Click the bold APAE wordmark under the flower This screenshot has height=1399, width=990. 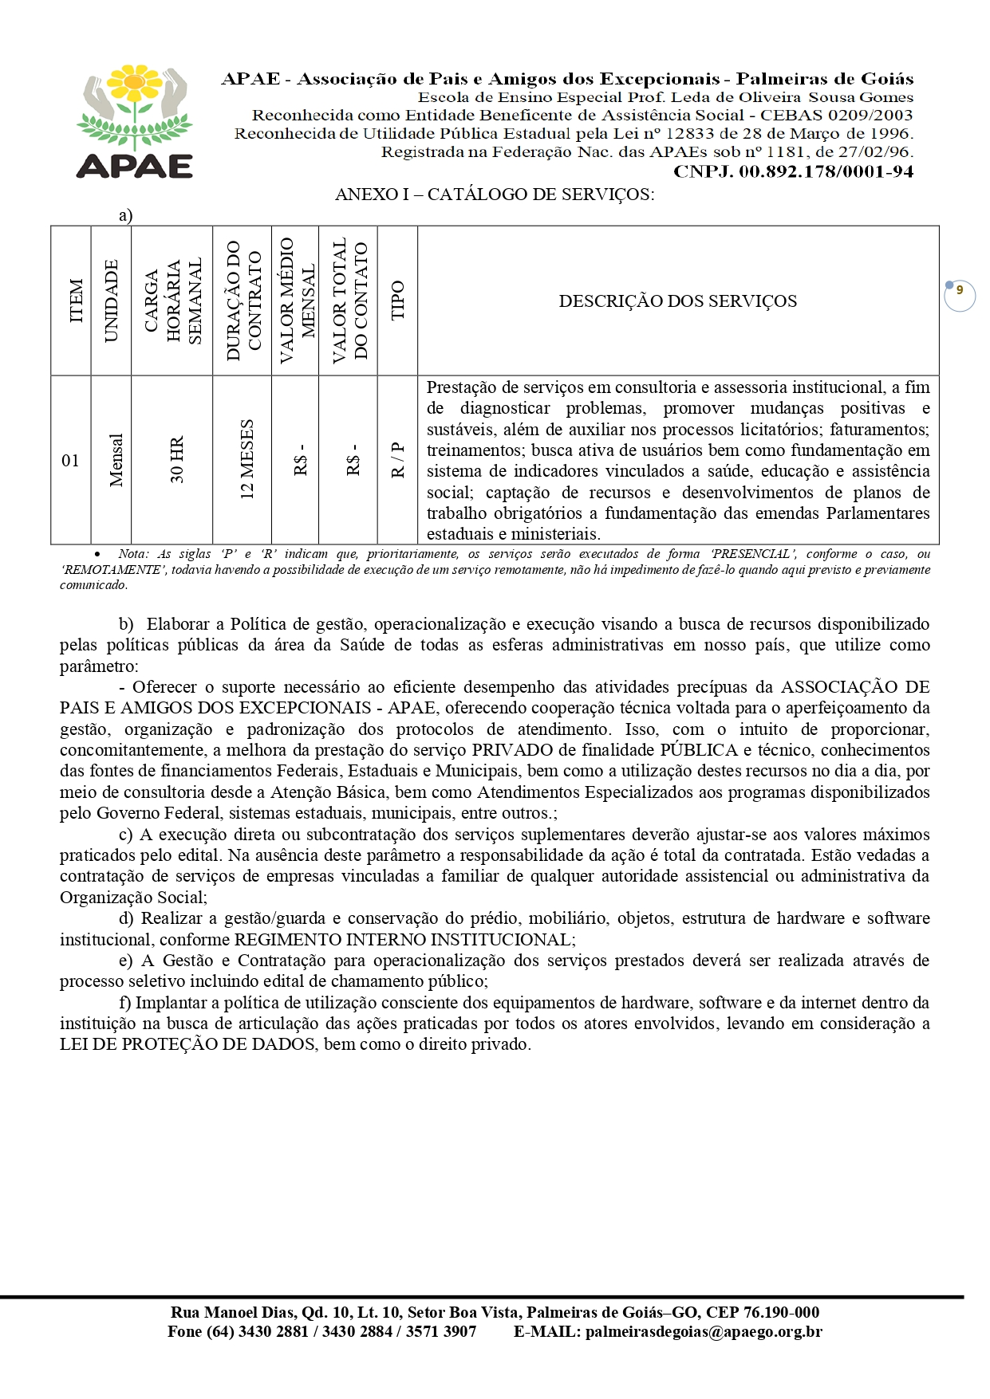click(x=135, y=166)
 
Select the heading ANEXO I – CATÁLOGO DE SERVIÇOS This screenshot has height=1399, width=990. click(x=495, y=195)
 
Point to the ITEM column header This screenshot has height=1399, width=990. click(x=77, y=301)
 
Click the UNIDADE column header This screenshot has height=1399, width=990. click(x=111, y=301)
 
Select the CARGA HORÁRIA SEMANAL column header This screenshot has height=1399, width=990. click(x=173, y=301)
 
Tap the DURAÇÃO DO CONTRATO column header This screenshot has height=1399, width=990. click(x=243, y=301)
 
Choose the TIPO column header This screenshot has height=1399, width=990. click(x=397, y=301)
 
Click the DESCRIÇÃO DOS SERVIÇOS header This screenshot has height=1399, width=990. click(x=677, y=301)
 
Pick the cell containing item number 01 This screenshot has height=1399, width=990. click(x=70, y=460)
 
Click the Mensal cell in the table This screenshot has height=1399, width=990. click(x=116, y=460)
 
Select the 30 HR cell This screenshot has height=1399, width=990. click(x=177, y=460)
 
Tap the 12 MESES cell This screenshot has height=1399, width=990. click(x=247, y=460)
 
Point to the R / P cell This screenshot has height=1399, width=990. click(x=397, y=460)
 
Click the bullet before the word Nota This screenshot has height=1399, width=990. click(x=97, y=554)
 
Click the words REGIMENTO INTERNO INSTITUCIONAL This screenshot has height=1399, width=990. click(x=404, y=940)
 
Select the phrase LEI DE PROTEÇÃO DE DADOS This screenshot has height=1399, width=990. click(x=187, y=1044)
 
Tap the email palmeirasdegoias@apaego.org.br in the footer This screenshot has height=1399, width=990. click(x=703, y=1331)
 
